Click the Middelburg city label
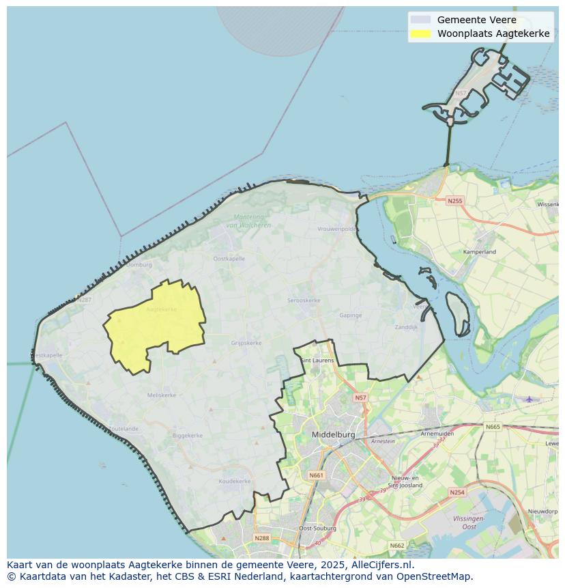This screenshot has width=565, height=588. coord(334,434)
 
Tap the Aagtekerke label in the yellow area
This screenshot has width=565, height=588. coord(161,309)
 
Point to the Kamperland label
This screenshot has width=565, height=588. coord(480,252)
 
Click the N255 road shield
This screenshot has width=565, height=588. coord(454,201)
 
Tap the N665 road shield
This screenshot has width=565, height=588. coord(492,427)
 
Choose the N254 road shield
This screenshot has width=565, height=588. coord(457,492)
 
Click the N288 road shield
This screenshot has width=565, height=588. coord(261,538)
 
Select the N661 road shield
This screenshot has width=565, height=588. coord(316,475)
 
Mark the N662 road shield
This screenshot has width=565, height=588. coord(396,545)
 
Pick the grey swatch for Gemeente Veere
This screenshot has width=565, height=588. coord(421,20)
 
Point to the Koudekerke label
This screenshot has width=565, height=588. coord(234,481)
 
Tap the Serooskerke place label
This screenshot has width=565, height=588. coord(304,300)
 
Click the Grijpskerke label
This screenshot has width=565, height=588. coord(246,343)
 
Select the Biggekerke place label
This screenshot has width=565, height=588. coord(187,435)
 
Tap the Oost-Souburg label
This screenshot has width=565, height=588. coord(315,529)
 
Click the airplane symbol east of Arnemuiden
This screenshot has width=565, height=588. coord(529,398)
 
